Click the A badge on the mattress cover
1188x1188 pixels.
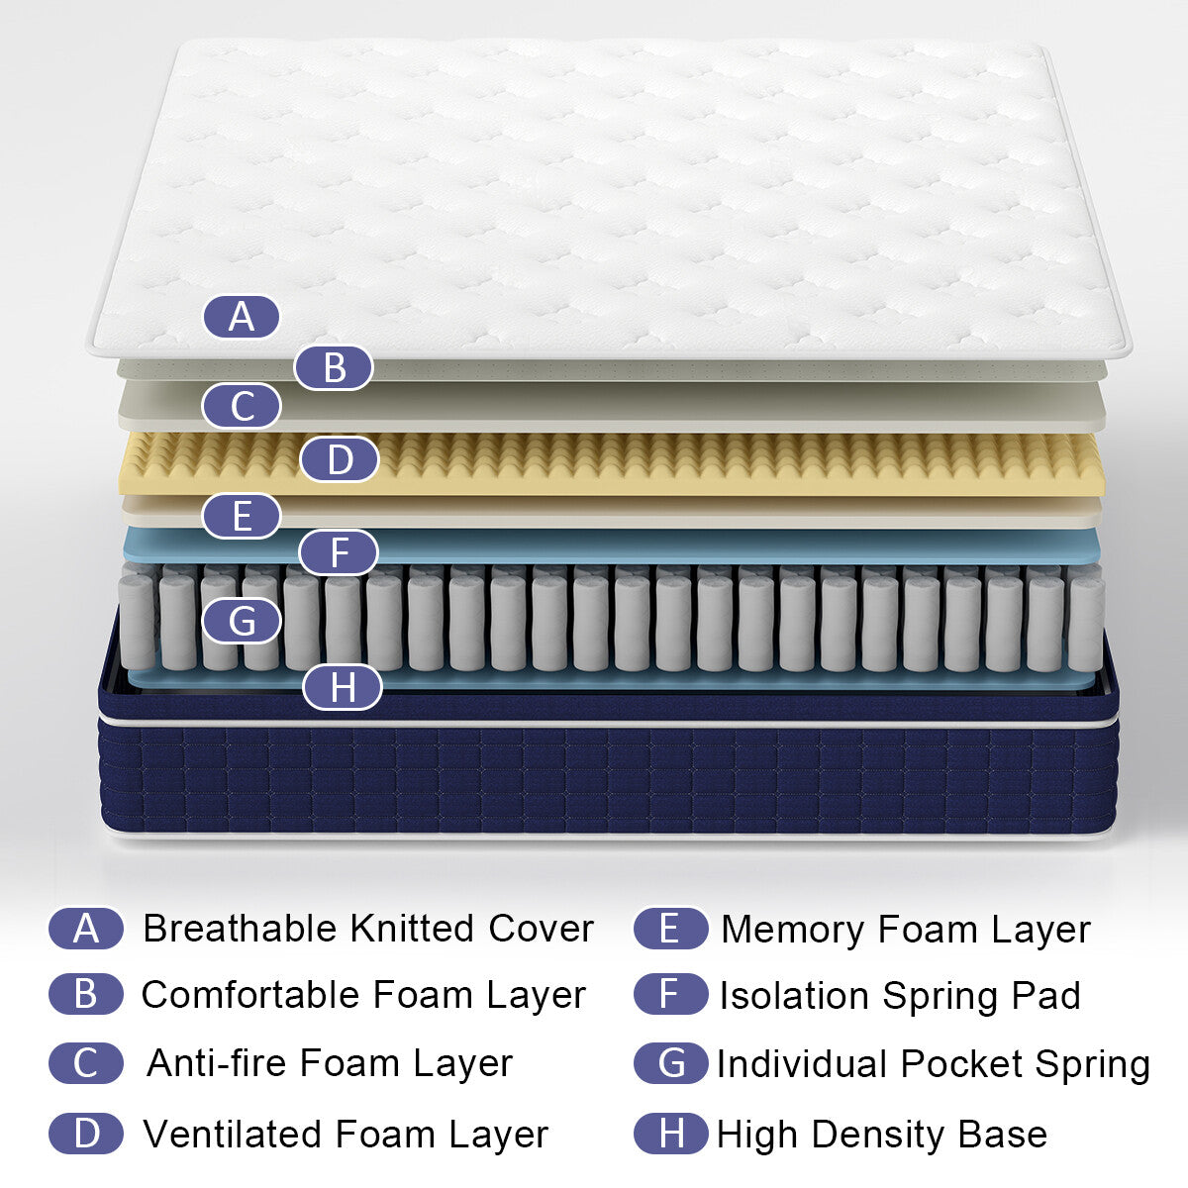[242, 317]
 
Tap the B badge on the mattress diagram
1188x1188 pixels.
[334, 367]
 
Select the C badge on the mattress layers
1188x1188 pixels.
[242, 407]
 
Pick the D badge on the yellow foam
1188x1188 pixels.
[340, 460]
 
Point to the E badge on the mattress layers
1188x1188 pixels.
[242, 517]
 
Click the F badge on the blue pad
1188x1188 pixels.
[340, 552]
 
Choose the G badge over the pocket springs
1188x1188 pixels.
[242, 622]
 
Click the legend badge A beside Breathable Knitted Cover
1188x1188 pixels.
[86, 929]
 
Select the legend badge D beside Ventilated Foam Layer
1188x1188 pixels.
[86, 1134]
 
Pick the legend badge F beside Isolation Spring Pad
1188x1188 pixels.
[670, 995]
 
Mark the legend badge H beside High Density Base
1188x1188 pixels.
[670, 1134]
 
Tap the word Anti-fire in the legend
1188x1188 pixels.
[217, 1063]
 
